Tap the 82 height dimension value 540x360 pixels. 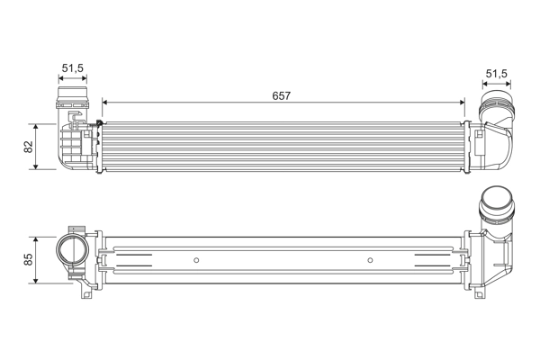pyautogui.click(x=29, y=146)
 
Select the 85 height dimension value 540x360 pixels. pyautogui.click(x=29, y=259)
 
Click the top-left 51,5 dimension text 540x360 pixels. pyautogui.click(x=74, y=68)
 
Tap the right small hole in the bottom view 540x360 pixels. pyautogui.click(x=370, y=260)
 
